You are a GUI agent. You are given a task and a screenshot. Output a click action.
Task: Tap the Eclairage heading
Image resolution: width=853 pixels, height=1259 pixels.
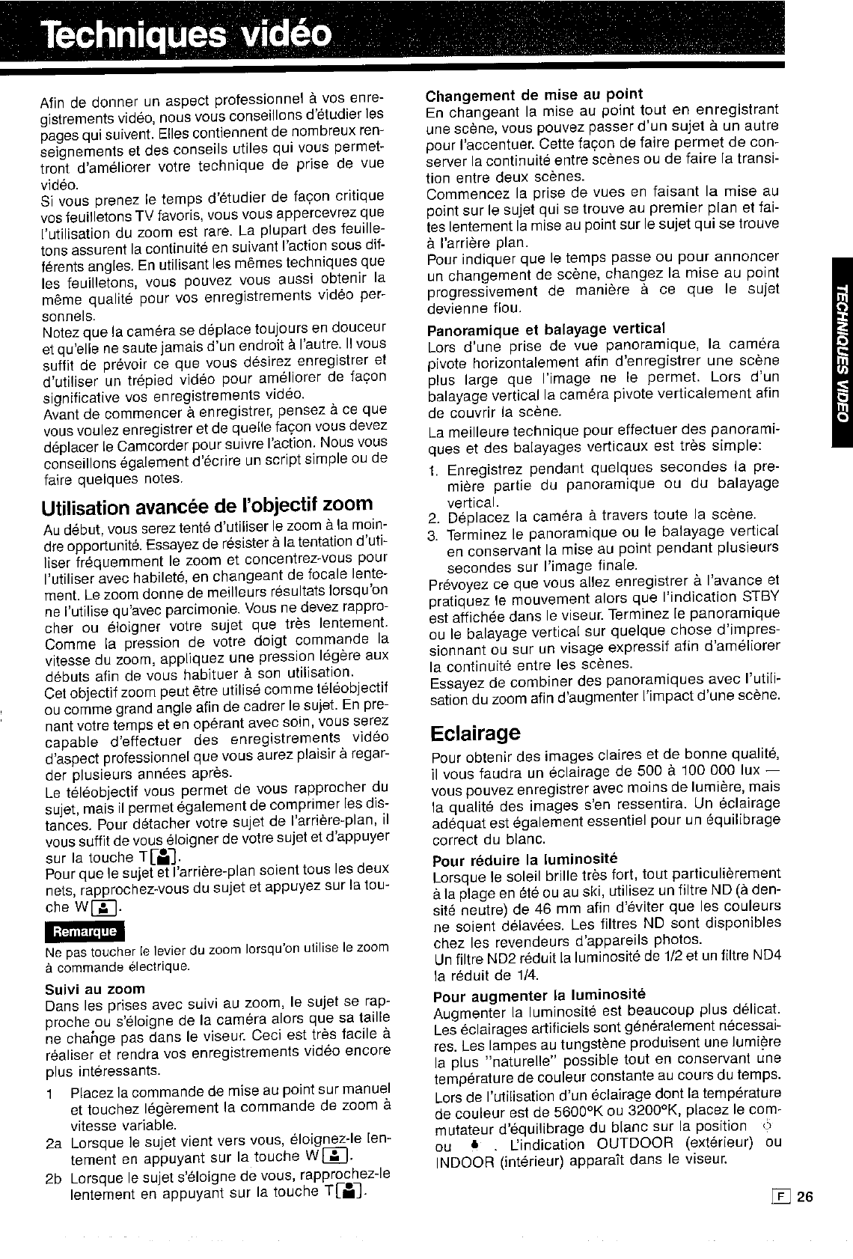[x=475, y=731]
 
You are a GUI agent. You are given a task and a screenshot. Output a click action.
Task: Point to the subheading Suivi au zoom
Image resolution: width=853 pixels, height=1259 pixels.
[x=94, y=988]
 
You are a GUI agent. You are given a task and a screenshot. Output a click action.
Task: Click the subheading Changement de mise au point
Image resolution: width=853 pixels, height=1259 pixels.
[x=533, y=94]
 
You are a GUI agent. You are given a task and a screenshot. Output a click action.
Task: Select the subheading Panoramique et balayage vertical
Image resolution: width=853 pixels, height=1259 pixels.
[x=545, y=329]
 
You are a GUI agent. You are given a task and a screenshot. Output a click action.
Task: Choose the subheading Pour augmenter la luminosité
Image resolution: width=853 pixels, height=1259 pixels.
[x=539, y=995]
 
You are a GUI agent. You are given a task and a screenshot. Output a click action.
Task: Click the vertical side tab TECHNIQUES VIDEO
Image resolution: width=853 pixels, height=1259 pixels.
[x=840, y=352]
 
